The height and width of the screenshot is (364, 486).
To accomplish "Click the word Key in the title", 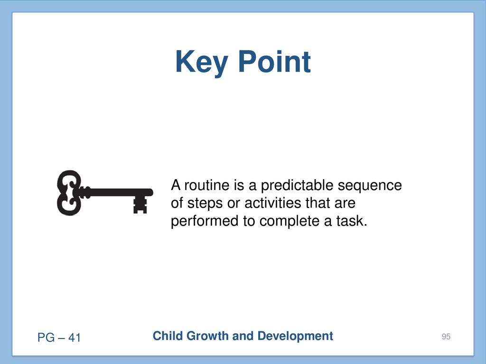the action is pyautogui.click(x=201, y=64).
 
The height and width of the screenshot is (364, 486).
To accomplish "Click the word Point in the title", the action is pyautogui.click(x=274, y=62).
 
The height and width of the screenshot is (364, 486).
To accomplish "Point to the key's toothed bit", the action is pyautogui.click(x=140, y=205).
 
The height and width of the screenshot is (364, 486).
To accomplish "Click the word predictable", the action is pyautogui.click(x=297, y=186).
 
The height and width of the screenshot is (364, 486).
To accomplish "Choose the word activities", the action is pyautogui.click(x=273, y=203).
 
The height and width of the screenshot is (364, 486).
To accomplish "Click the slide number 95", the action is pyautogui.click(x=446, y=337).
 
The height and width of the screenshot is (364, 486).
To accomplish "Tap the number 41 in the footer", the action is pyautogui.click(x=75, y=337).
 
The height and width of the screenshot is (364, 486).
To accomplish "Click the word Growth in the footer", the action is pyautogui.click(x=208, y=336).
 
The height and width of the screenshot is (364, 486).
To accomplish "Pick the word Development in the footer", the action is pyautogui.click(x=295, y=337).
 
